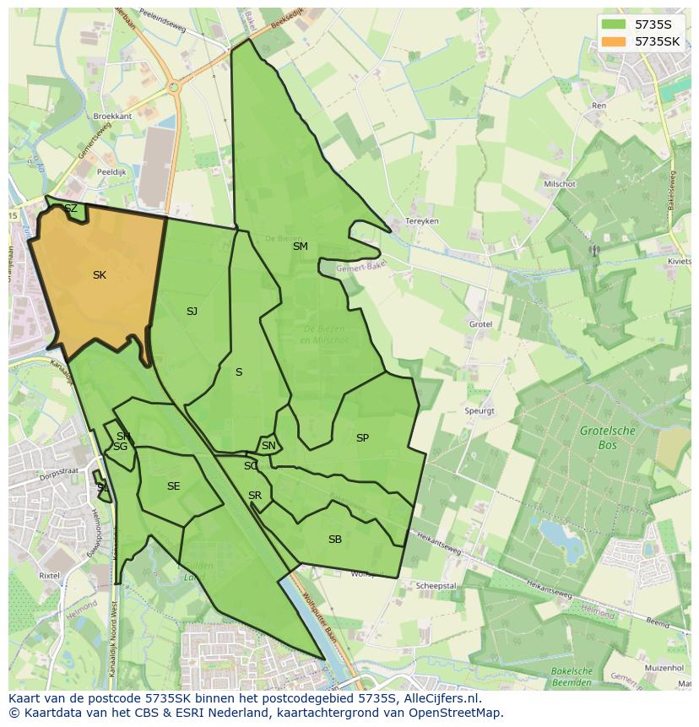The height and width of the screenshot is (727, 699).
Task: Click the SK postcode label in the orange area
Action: point(100,275)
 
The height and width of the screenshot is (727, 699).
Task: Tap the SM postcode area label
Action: point(301,247)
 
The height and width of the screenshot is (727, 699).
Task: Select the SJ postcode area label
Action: point(192,312)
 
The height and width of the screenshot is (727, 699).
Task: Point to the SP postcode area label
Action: point(362,438)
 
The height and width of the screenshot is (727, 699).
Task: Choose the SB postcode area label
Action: point(335,540)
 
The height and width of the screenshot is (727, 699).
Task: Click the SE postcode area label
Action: point(173,486)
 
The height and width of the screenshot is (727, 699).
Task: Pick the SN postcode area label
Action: point(268,446)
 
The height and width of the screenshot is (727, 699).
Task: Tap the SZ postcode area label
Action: point(71,209)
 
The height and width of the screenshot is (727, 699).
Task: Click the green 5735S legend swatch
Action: point(614,24)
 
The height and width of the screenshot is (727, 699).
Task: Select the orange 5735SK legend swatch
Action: point(614,41)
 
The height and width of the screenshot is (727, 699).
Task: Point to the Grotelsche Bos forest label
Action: point(607,437)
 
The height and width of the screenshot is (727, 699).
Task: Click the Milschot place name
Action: point(560,184)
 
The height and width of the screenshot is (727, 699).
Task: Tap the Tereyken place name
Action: point(422,222)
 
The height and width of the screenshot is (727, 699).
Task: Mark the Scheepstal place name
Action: point(436,585)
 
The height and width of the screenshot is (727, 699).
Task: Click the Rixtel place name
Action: point(50,575)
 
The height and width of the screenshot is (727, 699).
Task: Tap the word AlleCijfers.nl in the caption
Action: point(439,698)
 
